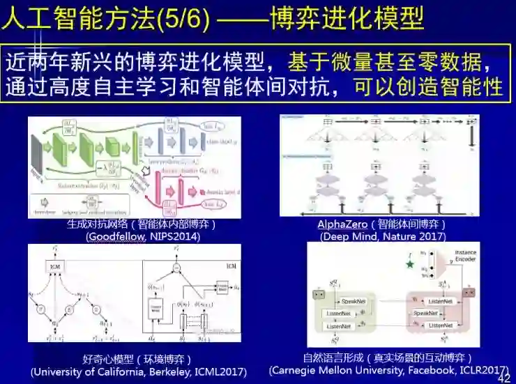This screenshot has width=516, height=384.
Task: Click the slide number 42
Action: click(503, 377)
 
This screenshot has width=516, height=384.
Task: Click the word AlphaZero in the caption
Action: click(342, 224)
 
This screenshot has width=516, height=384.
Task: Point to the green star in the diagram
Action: click(409, 264)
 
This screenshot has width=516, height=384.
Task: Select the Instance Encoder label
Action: click(466, 256)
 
